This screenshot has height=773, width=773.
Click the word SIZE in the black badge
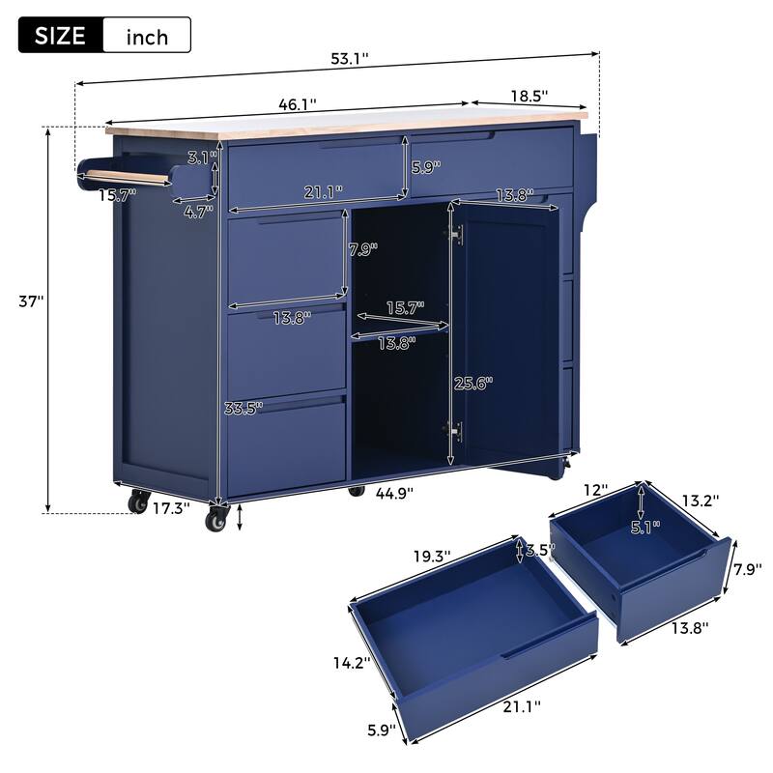(x=60, y=36)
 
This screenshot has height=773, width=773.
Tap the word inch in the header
(x=147, y=37)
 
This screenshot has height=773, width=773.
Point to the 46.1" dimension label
(x=297, y=101)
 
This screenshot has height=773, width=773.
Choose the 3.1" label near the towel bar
(x=199, y=157)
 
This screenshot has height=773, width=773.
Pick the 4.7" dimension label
(x=199, y=212)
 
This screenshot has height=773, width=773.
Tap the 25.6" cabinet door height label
(x=472, y=382)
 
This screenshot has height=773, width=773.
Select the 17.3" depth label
(x=171, y=505)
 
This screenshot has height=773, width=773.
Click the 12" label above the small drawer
(x=596, y=491)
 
